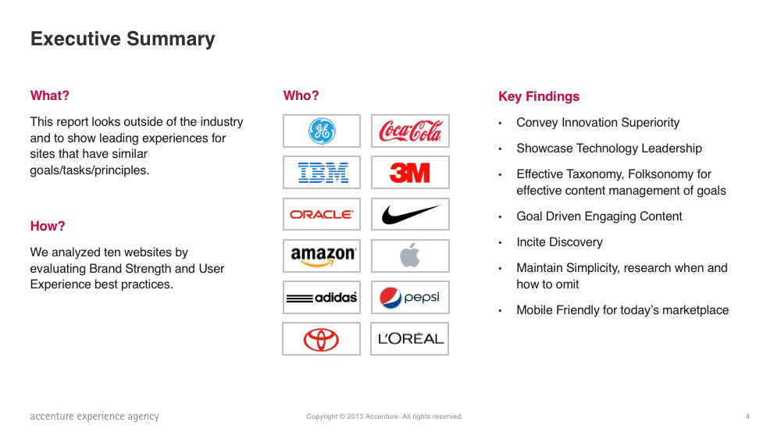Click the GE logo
pos(322,131)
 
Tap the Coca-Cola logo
pos(410,131)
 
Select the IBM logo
pos(323,173)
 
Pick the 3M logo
pos(409,173)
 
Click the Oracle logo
pos(322,214)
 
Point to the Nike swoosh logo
pos(411,214)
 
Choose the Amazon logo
pos(323,256)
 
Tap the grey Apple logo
pos(410,255)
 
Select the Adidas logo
pos(322,298)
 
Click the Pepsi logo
pos(409,298)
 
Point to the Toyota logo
pos(321,339)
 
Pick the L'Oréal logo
pos(411,339)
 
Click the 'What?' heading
pos(50,95)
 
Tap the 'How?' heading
pos(48,226)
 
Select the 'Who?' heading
pos(301,95)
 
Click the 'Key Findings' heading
pos(539,97)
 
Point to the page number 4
pos(747,417)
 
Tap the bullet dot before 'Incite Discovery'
pos(500,243)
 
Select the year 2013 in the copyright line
pos(355,417)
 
